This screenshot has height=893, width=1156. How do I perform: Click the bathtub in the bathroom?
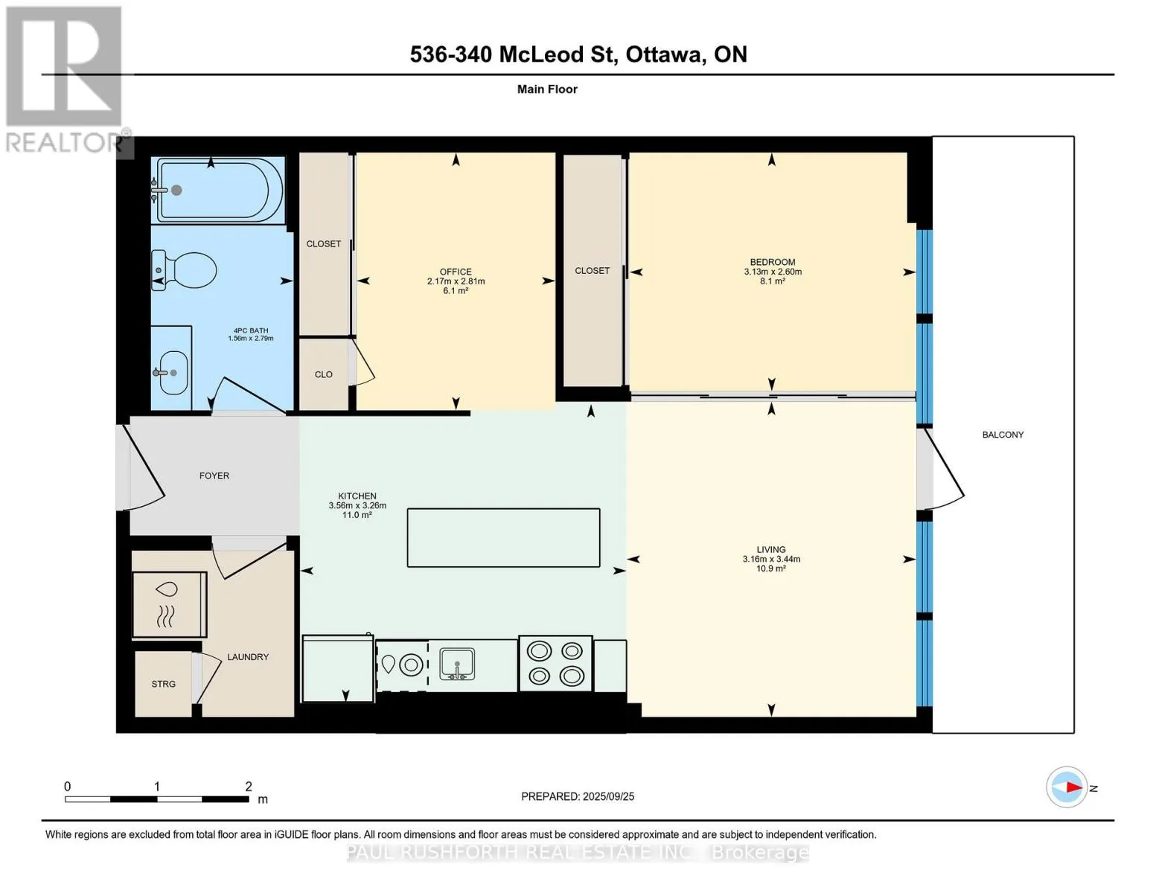217,190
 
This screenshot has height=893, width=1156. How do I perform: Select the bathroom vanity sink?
171,372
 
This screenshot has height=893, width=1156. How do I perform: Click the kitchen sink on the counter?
457,665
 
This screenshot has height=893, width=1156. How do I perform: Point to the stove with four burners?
555,664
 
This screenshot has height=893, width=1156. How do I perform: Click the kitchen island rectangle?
503,538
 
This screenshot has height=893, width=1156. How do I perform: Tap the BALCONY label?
1003,435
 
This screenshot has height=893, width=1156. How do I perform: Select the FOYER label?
214,476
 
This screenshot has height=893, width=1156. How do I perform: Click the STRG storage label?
163,684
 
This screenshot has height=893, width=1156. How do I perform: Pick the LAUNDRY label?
248,657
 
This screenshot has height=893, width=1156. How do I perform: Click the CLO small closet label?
324,374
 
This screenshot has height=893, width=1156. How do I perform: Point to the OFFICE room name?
456,272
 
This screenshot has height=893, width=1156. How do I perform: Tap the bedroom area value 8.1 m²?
773,281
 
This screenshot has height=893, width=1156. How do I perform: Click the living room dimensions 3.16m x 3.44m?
771,559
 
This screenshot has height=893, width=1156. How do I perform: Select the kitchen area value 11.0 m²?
357,515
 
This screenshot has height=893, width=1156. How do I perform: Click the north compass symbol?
1066,787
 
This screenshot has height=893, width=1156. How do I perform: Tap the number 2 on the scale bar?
249,786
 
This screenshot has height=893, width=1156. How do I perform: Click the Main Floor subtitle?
547,89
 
